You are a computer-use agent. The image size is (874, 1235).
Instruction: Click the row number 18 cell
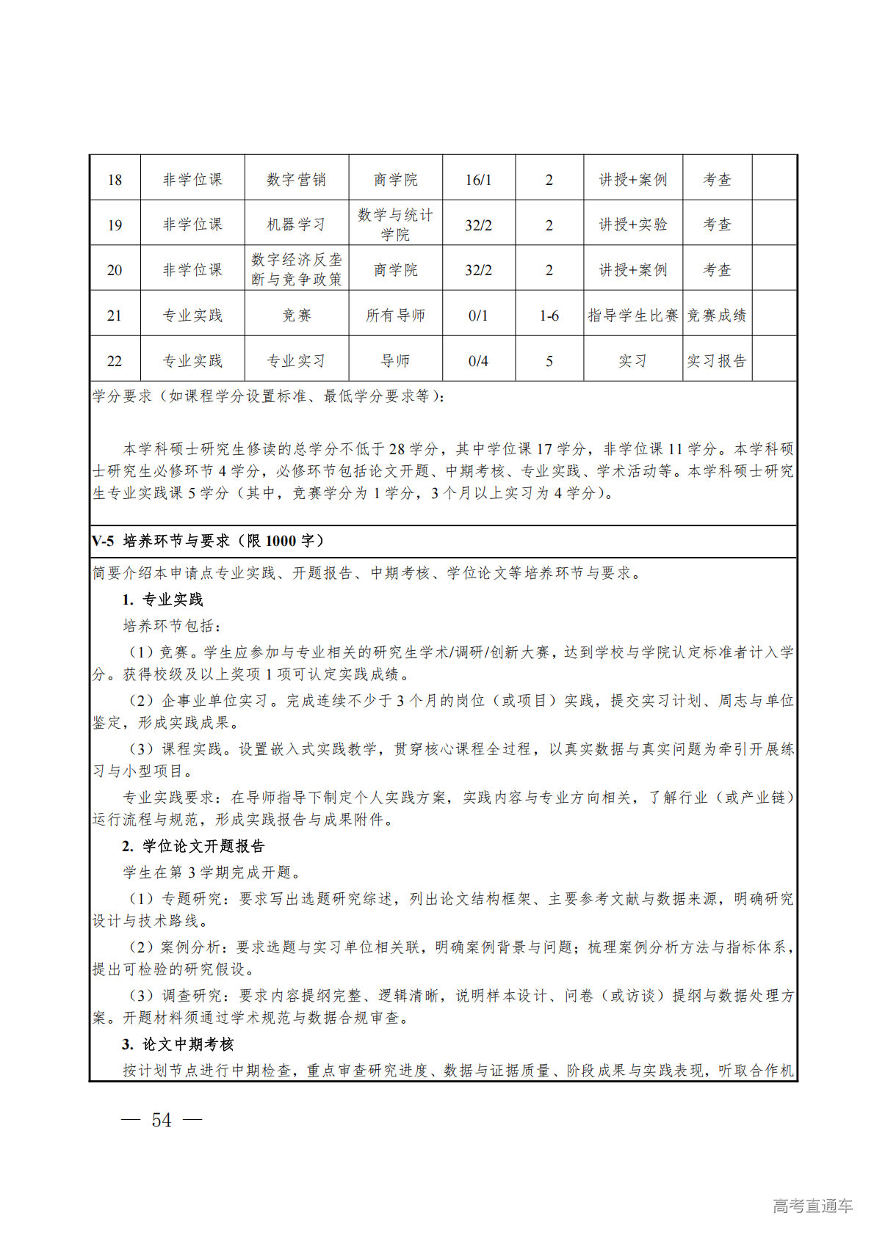click(x=115, y=180)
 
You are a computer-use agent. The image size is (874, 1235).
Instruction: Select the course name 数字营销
click(x=296, y=180)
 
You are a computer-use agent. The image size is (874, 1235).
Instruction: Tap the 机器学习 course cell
click(x=296, y=225)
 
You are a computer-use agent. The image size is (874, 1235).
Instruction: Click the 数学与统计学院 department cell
click(x=395, y=225)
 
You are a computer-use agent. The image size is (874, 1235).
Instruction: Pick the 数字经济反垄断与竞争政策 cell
click(x=296, y=269)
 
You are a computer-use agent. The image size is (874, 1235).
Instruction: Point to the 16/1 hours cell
click(x=478, y=180)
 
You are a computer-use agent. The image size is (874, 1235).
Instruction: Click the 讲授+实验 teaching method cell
click(x=632, y=225)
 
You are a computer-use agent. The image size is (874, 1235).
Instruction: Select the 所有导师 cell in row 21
click(x=395, y=316)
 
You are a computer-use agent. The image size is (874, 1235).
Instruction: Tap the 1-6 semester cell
click(x=549, y=316)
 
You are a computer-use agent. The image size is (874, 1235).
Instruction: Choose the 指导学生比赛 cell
click(x=632, y=316)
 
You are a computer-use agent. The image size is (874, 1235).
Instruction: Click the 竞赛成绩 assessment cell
click(x=717, y=316)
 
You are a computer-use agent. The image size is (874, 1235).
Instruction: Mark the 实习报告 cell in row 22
click(x=717, y=361)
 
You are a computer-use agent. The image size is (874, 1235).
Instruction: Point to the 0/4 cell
click(x=478, y=361)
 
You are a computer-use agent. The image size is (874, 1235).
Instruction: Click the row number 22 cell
click(x=115, y=361)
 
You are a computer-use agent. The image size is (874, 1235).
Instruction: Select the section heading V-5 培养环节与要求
click(x=208, y=542)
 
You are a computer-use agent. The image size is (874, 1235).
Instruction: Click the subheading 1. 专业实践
click(x=162, y=600)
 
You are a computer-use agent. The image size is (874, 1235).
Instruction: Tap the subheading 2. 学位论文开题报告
click(x=193, y=846)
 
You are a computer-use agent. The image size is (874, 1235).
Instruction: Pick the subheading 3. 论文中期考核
click(x=178, y=1044)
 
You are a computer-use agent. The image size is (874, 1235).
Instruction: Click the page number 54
click(x=162, y=1120)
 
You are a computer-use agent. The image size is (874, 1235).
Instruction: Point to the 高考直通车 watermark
click(x=812, y=1206)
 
